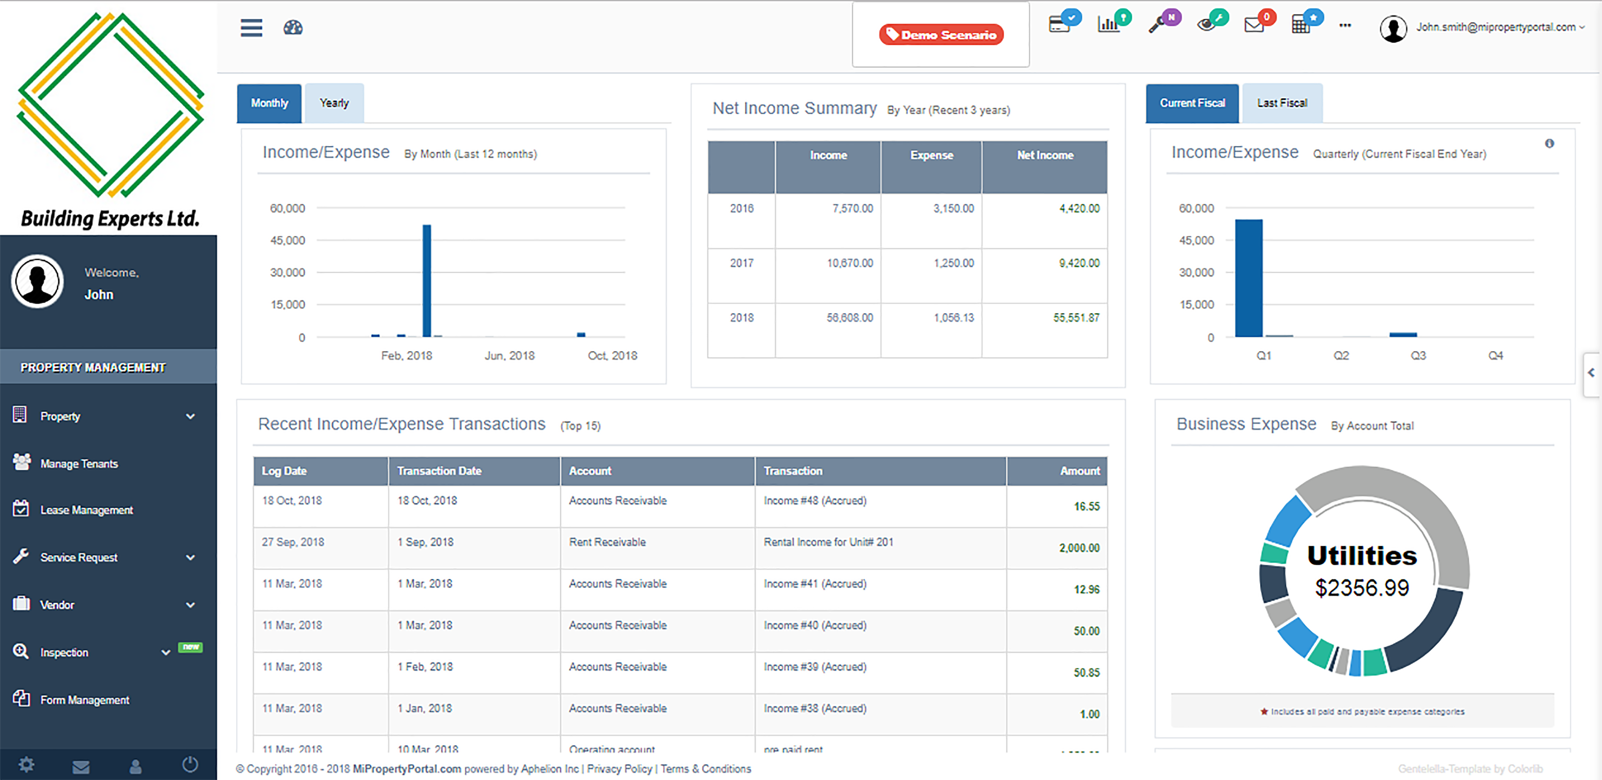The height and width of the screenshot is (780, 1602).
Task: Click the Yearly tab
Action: (334, 103)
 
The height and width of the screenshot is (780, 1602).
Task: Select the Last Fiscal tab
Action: (1282, 103)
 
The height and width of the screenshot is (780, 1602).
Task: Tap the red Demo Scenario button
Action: (941, 35)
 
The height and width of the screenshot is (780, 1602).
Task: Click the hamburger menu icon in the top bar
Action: (251, 28)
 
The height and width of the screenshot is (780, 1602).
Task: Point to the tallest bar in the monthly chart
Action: (427, 280)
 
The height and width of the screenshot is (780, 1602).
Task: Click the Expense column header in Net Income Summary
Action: (931, 155)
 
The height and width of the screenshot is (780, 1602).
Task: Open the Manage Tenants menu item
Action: (79, 464)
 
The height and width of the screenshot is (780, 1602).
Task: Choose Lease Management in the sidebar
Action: (87, 510)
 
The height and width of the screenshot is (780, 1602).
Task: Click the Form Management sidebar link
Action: (85, 700)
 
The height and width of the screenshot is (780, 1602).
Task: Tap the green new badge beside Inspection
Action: (190, 647)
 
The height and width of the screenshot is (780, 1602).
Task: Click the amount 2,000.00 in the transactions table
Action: (1079, 548)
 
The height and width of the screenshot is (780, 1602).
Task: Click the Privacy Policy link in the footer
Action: (619, 769)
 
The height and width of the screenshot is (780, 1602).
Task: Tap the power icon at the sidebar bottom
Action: (190, 764)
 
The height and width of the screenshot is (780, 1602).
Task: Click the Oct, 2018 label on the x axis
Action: (612, 356)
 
